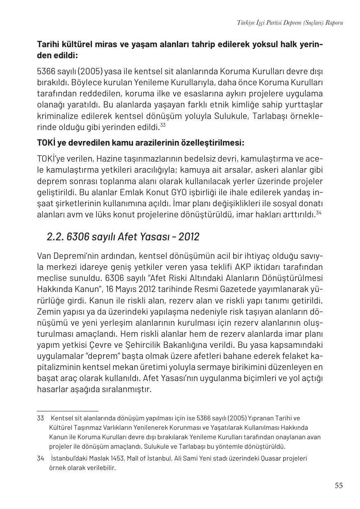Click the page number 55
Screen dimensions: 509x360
[338, 486]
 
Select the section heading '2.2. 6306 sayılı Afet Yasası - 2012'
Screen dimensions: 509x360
[123, 237]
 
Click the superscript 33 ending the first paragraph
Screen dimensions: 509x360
[163, 125]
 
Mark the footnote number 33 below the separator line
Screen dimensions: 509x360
[40, 418]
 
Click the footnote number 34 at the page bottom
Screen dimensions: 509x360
[40, 458]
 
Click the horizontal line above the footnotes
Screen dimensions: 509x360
[67, 411]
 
